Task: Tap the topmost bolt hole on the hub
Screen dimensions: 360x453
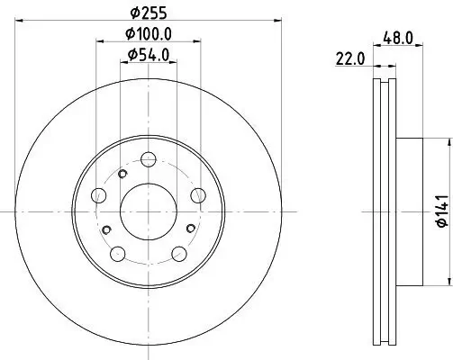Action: (x=149, y=159)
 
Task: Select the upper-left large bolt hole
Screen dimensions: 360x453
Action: (x=101, y=195)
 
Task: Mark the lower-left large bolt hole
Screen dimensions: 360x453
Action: (x=116, y=251)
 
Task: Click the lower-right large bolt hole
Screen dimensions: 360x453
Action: (x=179, y=251)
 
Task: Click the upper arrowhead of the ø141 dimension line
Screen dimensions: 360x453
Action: (x=448, y=142)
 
